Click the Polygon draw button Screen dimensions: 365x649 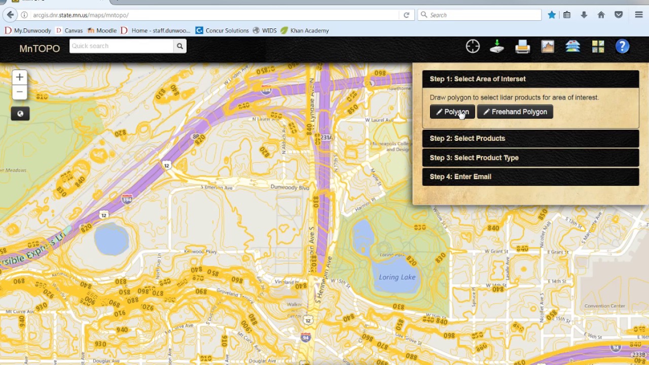coord(452,112)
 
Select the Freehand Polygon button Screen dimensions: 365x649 coord(515,112)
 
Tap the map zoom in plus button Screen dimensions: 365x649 coord(19,77)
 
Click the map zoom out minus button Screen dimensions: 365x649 coord(19,92)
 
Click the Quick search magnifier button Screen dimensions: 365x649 coord(179,46)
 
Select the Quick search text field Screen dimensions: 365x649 coord(121,46)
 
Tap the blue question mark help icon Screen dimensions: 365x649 coord(622,47)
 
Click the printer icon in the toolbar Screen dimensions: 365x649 coord(522,47)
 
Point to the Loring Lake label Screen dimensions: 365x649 coord(397,277)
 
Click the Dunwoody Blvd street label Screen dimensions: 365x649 coord(290,188)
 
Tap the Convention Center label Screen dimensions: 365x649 coord(604,306)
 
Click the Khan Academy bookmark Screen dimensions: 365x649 coord(309,30)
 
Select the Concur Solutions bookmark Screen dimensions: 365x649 coord(227,30)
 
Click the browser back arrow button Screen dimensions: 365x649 coord(10,15)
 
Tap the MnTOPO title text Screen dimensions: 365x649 coord(40,49)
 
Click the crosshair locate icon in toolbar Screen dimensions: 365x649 coord(473,47)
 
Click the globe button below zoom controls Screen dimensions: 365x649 coord(20,114)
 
